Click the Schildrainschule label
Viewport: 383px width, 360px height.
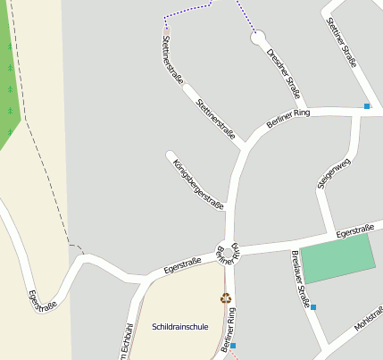pos(179,327)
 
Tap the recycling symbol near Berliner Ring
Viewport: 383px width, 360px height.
pos(226,297)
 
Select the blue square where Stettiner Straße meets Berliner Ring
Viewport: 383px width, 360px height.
pos(366,106)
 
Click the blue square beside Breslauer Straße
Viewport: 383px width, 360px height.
pos(313,307)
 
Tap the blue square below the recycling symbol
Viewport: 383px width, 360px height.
pos(234,345)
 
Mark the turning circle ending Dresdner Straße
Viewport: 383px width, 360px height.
pos(258,39)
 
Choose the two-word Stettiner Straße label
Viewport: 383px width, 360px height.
pos(342,42)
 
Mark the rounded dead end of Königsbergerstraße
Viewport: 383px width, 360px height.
pos(171,156)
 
